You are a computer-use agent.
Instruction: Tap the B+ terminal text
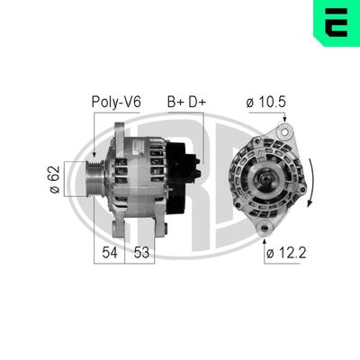coord(175,102)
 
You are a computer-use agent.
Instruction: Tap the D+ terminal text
coord(196,102)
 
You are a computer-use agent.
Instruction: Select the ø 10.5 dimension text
coord(266,102)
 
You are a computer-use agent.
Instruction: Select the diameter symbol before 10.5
coord(249,102)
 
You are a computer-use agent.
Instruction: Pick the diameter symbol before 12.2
coord(269,254)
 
